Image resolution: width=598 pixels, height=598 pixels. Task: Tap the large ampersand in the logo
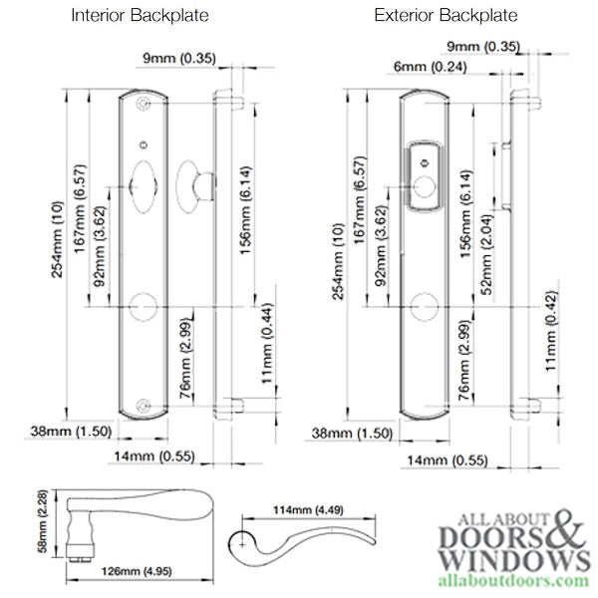(567, 529)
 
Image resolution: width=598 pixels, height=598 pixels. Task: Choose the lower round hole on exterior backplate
(424, 305)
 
